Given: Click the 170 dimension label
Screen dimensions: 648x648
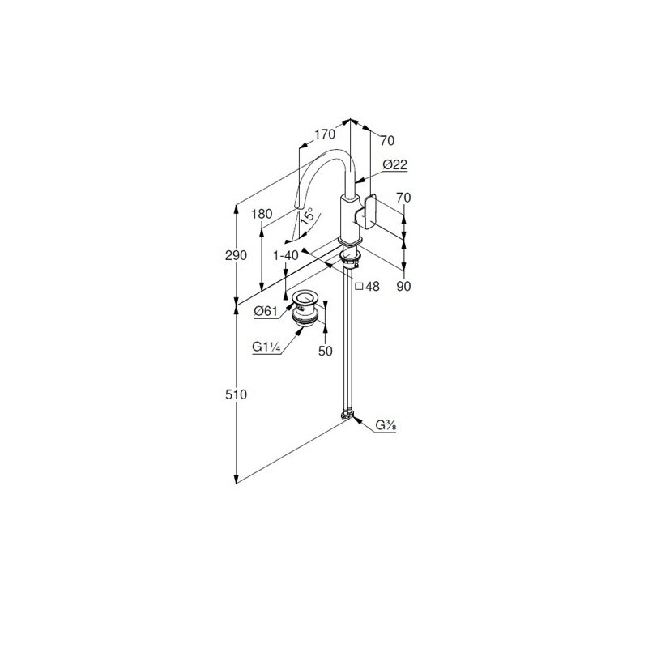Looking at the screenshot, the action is click(x=325, y=134).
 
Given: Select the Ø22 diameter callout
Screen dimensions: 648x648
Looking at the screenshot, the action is click(x=395, y=164).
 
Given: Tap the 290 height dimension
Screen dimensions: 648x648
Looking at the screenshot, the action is click(x=236, y=255).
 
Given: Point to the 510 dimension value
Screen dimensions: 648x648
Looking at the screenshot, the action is click(x=236, y=394).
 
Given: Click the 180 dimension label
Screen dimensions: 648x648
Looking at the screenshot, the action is click(x=262, y=214).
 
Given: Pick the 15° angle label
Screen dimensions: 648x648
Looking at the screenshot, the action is click(x=308, y=216).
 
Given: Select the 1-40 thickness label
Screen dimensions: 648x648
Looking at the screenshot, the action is click(x=286, y=256).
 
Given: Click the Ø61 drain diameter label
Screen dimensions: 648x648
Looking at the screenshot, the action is click(x=266, y=311).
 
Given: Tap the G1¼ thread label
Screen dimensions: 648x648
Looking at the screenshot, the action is click(x=266, y=347).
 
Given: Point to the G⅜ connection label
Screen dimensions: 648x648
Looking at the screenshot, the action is click(x=386, y=424).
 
